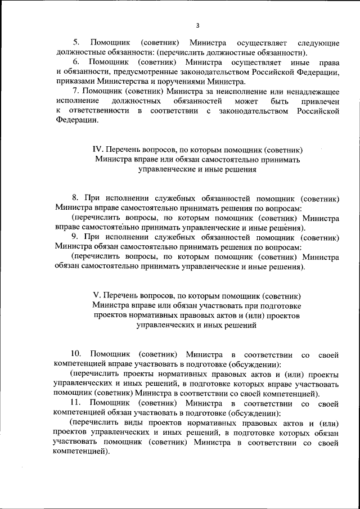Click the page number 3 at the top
click(x=197, y=25)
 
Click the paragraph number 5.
click(x=78, y=43)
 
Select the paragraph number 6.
click(x=78, y=61)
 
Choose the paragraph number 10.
click(x=75, y=354)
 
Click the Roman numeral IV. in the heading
click(x=98, y=150)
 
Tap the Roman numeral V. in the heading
click(x=96, y=295)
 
